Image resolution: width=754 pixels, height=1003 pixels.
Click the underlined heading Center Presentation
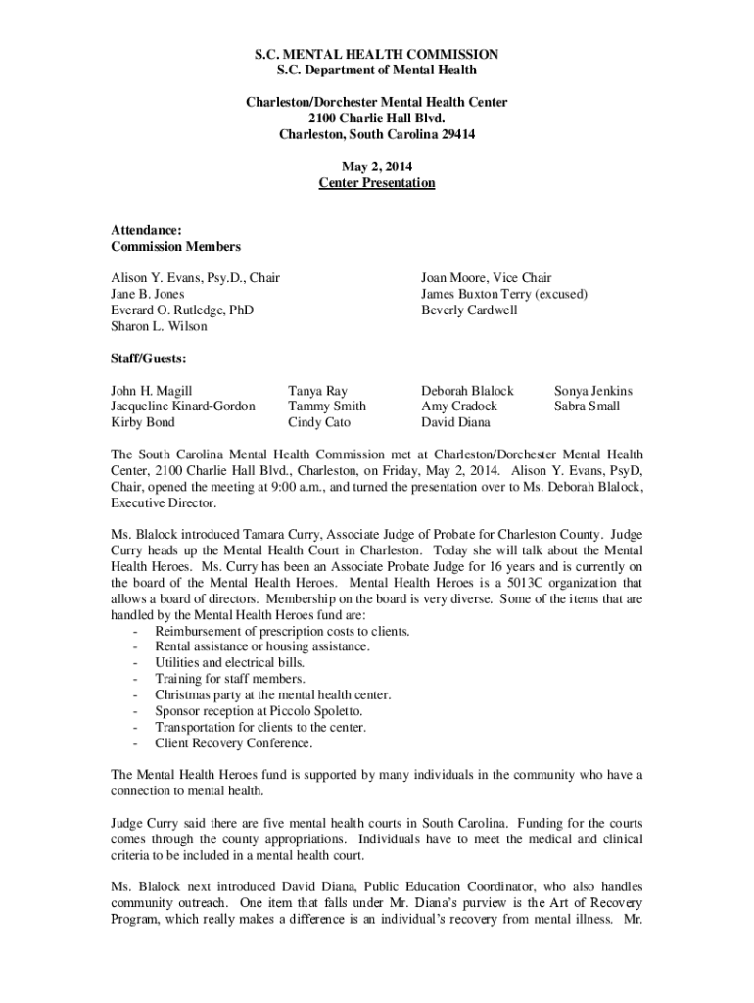coord(377,183)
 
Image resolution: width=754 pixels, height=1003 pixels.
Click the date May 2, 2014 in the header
coord(377,167)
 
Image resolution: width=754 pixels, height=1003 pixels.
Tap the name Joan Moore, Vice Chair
coord(486,278)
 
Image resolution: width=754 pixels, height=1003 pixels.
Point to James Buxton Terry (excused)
coord(504,294)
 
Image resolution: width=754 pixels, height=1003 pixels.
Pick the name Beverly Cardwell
coord(469,310)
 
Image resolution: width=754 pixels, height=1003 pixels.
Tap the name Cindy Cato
coord(318,422)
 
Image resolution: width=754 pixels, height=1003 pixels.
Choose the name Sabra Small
coord(587,406)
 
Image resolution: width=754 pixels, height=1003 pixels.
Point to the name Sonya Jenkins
coord(593,390)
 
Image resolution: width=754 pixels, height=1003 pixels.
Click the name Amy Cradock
coord(459,406)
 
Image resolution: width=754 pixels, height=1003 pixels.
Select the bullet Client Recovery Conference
coord(234,742)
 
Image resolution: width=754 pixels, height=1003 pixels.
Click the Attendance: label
coord(146,231)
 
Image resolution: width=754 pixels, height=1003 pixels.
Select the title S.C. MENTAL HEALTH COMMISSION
coord(377,54)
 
